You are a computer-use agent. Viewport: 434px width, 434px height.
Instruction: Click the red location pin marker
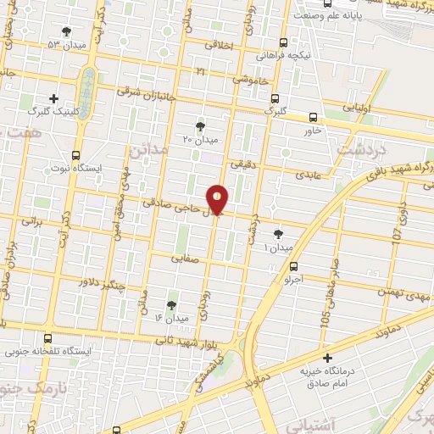[217, 199]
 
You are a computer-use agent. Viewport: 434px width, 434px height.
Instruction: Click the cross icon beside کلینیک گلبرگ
[54, 98]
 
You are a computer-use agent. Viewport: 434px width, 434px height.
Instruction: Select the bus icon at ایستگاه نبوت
[77, 155]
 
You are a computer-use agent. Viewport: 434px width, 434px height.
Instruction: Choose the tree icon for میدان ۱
[279, 233]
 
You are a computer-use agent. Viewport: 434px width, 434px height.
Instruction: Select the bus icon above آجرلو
[295, 265]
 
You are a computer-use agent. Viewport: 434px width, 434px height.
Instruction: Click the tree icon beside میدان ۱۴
[172, 304]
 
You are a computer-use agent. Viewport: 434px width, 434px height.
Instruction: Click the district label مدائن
[149, 150]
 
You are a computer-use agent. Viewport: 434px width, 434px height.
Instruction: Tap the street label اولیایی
[353, 108]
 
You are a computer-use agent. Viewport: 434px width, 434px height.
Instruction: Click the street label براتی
[30, 222]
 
